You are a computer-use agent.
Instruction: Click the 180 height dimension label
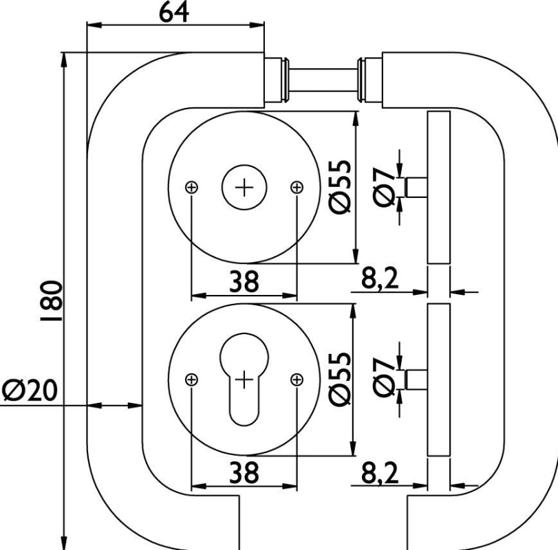[52, 301]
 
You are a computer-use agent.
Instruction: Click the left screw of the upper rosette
[192, 186]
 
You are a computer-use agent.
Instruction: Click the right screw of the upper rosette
[297, 186]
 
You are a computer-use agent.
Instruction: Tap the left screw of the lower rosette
[192, 379]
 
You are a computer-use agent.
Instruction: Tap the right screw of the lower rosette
[297, 379]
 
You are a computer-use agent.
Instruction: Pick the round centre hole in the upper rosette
[244, 186]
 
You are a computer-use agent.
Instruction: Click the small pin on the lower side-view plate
[417, 379]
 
